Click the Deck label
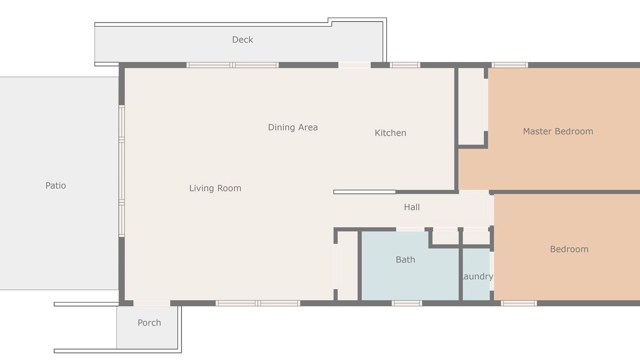tap(242, 39)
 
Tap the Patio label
tap(55, 185)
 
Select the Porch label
tap(149, 322)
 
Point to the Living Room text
tap(215, 188)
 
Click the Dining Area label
tap(293, 127)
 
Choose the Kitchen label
tap(390, 133)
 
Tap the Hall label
tap(411, 207)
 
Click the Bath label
tap(405, 259)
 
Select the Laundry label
tap(476, 276)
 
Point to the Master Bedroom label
tap(558, 131)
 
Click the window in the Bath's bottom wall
tap(406, 303)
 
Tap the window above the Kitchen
tap(405, 65)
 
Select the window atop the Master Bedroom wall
tap(509, 65)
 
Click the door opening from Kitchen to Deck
tap(354, 65)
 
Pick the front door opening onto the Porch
tap(151, 303)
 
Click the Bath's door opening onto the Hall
tap(410, 229)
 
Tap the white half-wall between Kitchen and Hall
tap(364, 192)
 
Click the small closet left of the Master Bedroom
tap(471, 106)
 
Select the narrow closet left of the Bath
tap(347, 265)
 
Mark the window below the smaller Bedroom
tap(518, 303)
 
